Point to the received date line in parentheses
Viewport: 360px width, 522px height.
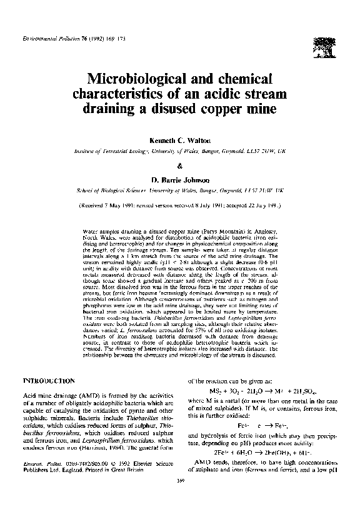180,204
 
